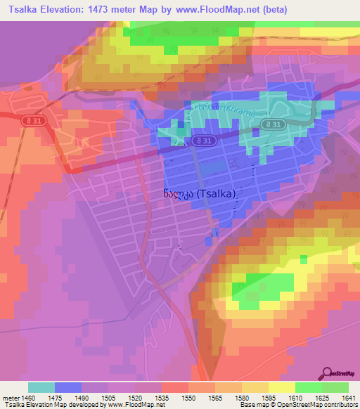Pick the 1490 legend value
click(x=82, y=398)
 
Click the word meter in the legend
click(x=10, y=398)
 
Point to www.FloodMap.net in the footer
click(x=131, y=405)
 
